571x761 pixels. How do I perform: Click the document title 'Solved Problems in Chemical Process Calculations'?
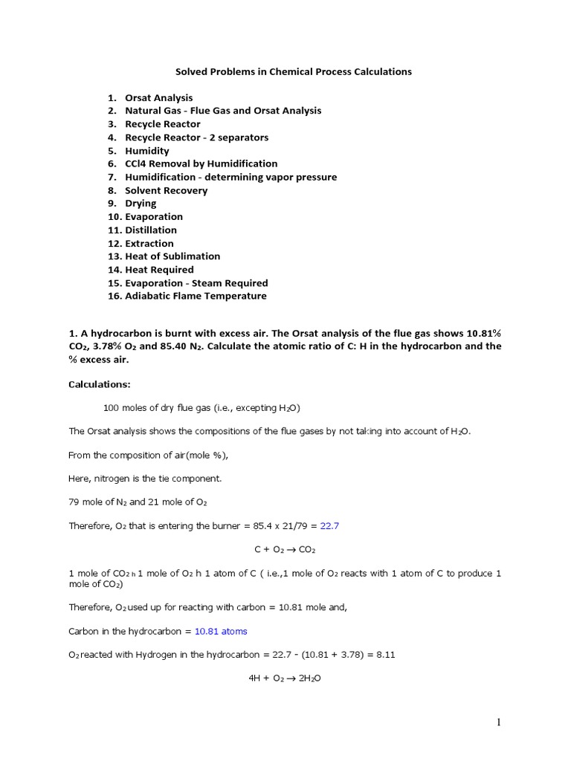tap(293, 72)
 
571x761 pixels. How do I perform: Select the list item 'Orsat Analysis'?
tap(158, 97)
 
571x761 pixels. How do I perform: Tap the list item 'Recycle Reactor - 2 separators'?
tap(196, 137)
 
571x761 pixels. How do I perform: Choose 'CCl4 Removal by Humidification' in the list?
tap(201, 163)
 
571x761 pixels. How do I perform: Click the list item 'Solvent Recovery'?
tap(166, 190)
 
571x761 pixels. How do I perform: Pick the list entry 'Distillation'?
tap(151, 230)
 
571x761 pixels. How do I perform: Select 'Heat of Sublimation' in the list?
tap(172, 256)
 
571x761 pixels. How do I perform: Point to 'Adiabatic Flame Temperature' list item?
tap(196, 296)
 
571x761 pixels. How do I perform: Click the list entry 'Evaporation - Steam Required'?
tap(196, 283)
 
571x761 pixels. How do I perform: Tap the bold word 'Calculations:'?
tap(99, 384)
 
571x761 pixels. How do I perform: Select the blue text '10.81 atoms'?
tap(221, 632)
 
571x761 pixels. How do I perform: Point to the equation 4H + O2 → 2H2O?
tap(285, 678)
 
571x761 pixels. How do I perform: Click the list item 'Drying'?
tap(141, 204)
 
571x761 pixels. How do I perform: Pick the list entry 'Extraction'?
tap(149, 243)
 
